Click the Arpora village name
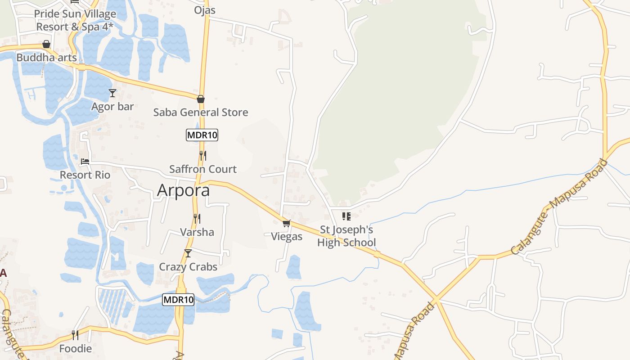(183, 190)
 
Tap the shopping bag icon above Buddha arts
(46, 44)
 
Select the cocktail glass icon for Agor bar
(112, 93)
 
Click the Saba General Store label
(201, 112)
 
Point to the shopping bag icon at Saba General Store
(201, 99)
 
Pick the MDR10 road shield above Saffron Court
(202, 135)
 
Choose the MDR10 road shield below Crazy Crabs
(178, 299)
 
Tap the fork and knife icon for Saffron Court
(203, 156)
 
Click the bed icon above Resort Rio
(85, 162)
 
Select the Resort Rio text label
(85, 175)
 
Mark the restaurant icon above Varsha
(197, 219)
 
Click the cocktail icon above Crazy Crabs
(188, 253)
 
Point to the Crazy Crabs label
(188, 267)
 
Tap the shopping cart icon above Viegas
(287, 223)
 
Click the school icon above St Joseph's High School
(346, 216)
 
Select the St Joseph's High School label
(346, 236)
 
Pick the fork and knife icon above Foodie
(75, 335)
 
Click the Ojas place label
(205, 10)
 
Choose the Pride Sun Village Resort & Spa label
(75, 20)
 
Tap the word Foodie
(76, 349)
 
